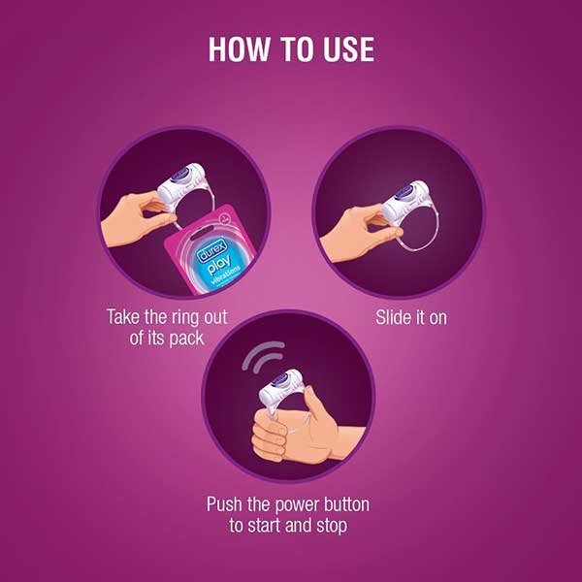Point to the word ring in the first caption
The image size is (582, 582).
click(x=201, y=316)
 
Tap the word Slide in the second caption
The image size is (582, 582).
click(x=393, y=317)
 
